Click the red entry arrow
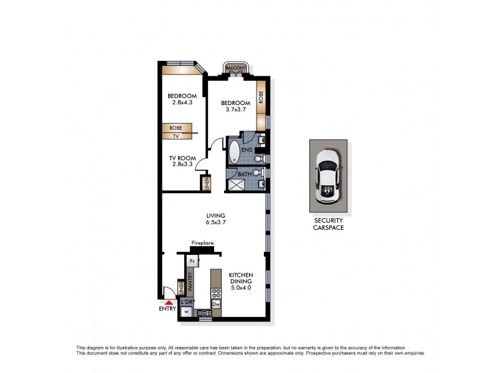click(166, 302)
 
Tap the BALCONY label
click(237, 68)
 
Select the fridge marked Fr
click(193, 262)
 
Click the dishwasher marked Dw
click(216, 304)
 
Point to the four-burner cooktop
click(216, 292)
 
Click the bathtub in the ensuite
click(233, 152)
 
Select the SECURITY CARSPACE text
click(329, 224)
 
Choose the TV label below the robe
click(176, 136)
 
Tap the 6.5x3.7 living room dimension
click(216, 223)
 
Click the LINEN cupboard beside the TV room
click(205, 183)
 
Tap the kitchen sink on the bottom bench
click(204, 313)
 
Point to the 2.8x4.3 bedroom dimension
click(182, 103)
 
